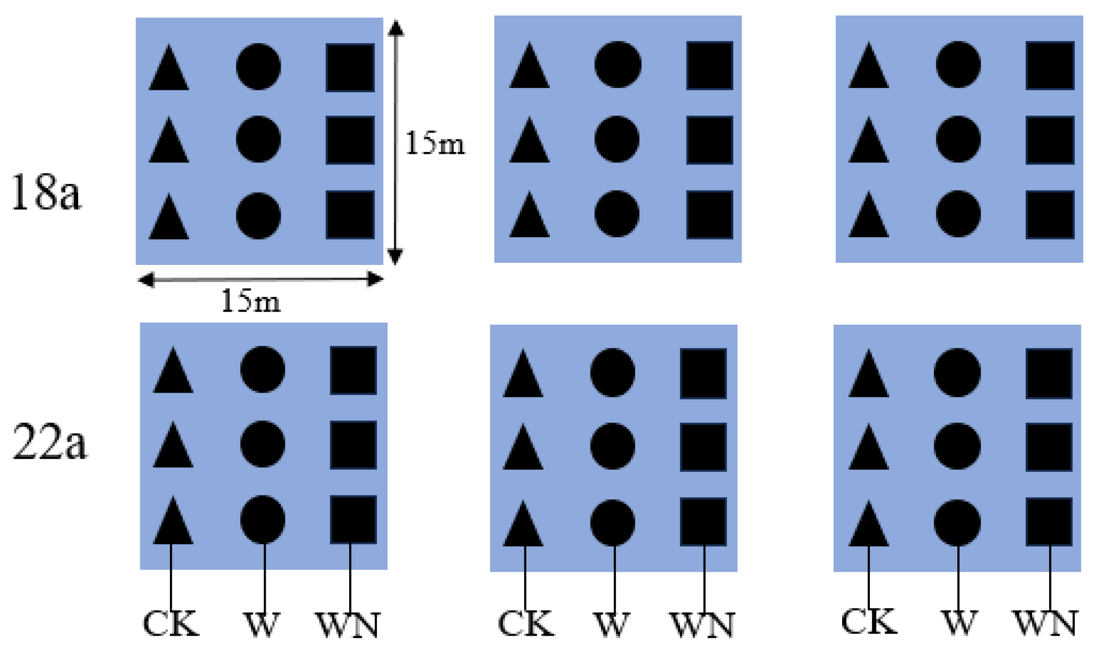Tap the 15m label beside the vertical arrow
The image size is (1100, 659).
pyautogui.click(x=435, y=143)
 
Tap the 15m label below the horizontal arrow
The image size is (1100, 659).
pyautogui.click(x=251, y=301)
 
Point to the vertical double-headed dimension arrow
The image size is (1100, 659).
pyautogui.click(x=396, y=142)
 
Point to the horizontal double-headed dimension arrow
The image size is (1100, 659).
pyautogui.click(x=261, y=280)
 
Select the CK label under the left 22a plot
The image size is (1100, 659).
pyautogui.click(x=170, y=624)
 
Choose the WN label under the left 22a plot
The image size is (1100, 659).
pyautogui.click(x=348, y=625)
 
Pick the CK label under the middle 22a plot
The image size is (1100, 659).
pyautogui.click(x=525, y=624)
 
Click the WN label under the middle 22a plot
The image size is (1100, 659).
pyautogui.click(x=702, y=625)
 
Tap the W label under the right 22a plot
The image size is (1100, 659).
pyautogui.click(x=958, y=622)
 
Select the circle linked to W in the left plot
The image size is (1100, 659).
pyautogui.click(x=263, y=519)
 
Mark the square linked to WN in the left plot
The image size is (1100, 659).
pyautogui.click(x=353, y=519)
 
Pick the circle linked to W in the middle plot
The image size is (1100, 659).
pyautogui.click(x=612, y=523)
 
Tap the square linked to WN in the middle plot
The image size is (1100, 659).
pyautogui.click(x=703, y=522)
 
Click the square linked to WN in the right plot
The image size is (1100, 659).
pyautogui.click(x=1049, y=522)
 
